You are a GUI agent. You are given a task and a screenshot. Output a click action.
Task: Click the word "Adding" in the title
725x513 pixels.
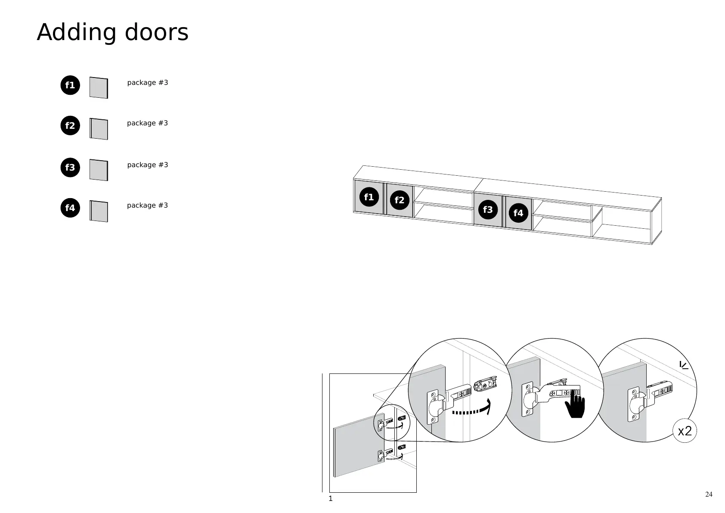coord(77,33)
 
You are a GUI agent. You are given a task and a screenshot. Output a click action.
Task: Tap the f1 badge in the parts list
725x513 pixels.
coord(70,85)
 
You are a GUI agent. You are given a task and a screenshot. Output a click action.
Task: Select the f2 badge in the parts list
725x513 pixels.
coord(70,126)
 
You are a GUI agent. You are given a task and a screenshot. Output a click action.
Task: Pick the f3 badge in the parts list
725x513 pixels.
coord(70,168)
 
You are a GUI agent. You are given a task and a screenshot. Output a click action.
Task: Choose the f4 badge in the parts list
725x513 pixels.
coord(70,208)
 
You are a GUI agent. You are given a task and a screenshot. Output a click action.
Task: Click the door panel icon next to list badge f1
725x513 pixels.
coord(99,88)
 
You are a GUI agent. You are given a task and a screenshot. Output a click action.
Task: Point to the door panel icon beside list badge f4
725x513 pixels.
coord(99,211)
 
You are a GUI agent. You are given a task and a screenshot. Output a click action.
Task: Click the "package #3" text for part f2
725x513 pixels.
coord(147,123)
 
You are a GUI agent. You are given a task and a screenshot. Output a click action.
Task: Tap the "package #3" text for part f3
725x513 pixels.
coord(147,165)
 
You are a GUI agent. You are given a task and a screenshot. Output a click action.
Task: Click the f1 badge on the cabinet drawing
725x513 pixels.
coord(369,197)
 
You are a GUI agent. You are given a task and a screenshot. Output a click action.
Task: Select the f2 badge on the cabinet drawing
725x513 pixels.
coord(400,200)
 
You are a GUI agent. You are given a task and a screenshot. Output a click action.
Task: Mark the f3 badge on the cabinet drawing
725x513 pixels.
coord(488,210)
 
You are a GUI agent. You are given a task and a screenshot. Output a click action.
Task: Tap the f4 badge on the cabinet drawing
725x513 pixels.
coord(518,213)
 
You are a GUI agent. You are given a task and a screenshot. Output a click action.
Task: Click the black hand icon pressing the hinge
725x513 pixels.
coord(575,406)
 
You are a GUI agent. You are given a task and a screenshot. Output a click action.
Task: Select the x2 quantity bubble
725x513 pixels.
coord(685,431)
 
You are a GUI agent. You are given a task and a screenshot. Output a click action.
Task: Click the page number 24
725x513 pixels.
coord(709,494)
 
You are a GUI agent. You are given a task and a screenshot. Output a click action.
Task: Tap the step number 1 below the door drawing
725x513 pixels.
coord(331,499)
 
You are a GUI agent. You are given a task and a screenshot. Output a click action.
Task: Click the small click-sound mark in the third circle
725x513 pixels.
coord(684,365)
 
